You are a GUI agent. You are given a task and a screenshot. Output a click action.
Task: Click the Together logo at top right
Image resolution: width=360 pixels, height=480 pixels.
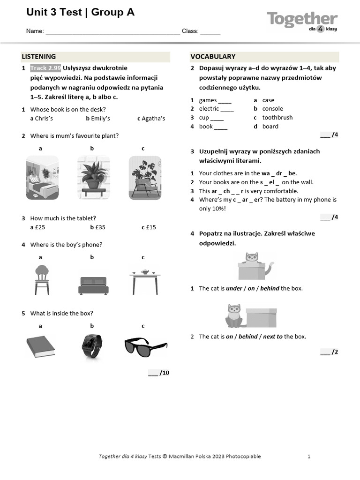click(x=302, y=21)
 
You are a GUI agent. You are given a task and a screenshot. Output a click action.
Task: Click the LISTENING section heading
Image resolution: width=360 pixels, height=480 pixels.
click(x=39, y=57)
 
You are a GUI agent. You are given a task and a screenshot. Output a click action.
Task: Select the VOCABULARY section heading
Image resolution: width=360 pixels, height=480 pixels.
click(x=213, y=57)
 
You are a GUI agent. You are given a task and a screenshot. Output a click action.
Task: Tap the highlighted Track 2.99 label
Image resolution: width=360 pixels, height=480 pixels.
click(x=45, y=68)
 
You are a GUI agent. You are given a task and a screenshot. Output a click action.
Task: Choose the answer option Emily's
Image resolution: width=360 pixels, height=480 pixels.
click(x=100, y=119)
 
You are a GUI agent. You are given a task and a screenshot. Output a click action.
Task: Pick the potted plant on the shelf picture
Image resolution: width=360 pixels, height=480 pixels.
click(x=93, y=177)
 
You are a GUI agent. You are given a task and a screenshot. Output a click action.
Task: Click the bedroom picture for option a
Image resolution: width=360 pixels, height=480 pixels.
click(x=42, y=177)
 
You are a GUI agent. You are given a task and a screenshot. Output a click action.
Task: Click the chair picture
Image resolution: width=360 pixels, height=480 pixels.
click(x=42, y=279)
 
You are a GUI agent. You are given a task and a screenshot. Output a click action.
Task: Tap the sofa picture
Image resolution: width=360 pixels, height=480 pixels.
click(x=93, y=285)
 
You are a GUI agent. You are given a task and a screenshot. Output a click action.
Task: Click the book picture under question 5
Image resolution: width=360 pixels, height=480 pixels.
click(x=41, y=346)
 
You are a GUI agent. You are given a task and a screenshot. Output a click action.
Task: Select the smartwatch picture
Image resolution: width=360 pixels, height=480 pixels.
click(x=91, y=346)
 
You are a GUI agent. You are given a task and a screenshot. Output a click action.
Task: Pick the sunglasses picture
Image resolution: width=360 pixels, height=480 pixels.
click(x=145, y=347)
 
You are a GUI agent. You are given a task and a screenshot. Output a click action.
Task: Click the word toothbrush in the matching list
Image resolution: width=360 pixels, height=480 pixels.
click(x=277, y=118)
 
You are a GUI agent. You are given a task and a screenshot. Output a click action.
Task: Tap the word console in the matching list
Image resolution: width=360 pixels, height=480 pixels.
click(x=272, y=109)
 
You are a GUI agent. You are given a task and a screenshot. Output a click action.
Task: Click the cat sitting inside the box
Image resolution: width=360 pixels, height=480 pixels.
click(x=252, y=259)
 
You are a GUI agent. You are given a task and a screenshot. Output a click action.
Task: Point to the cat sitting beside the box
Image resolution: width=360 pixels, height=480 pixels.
click(x=233, y=315)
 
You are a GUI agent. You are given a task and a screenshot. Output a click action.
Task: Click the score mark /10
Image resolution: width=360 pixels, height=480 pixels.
click(x=164, y=373)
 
